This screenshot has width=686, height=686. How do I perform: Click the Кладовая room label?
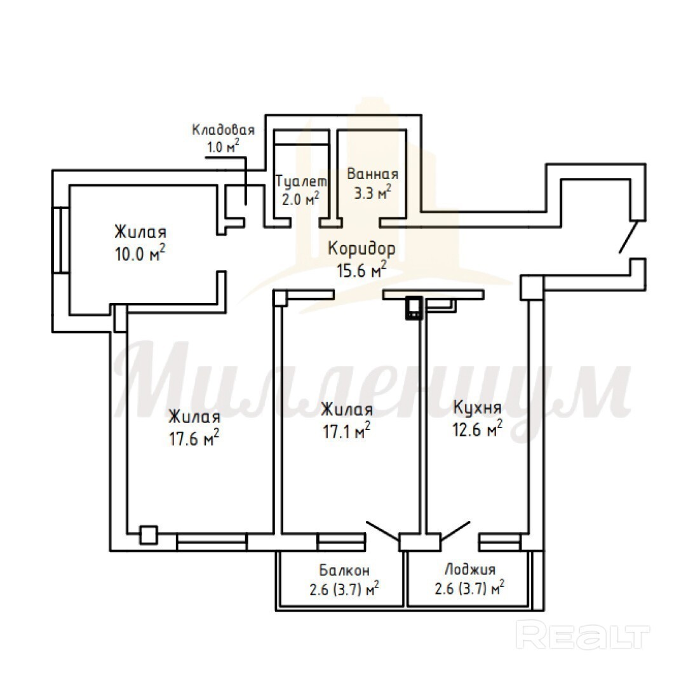(x=223, y=130)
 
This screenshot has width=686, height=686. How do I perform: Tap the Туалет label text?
(x=301, y=181)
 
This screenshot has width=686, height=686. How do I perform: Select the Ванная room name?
(x=373, y=173)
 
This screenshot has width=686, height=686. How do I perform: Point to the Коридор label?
(x=362, y=248)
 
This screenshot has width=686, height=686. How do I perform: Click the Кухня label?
(x=477, y=408)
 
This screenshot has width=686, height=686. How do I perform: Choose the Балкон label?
(x=344, y=570)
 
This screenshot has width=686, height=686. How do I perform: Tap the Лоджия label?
(x=470, y=570)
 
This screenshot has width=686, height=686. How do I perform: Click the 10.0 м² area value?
(x=140, y=253)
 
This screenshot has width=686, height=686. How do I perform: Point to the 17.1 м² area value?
(x=347, y=431)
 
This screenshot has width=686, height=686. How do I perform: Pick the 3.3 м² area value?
(x=372, y=192)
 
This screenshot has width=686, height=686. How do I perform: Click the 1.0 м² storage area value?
(x=223, y=146)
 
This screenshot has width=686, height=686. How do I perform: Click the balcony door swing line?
(x=382, y=530)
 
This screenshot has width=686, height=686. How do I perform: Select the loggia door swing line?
(x=455, y=530)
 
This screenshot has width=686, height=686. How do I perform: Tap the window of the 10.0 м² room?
(x=61, y=240)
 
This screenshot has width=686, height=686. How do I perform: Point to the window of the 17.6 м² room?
(x=212, y=542)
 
